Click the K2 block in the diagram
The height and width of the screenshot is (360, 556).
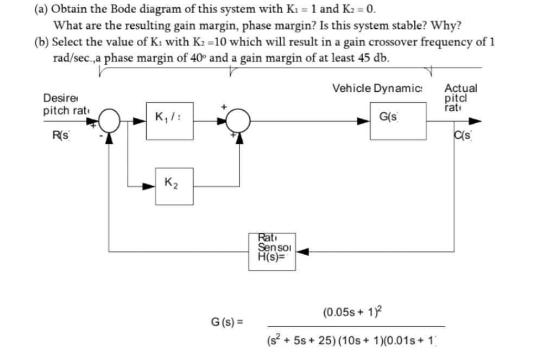pyautogui.click(x=174, y=186)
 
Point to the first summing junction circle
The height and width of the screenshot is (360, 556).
pyautogui.click(x=110, y=121)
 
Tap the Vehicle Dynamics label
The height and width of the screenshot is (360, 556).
pyautogui.click(x=379, y=89)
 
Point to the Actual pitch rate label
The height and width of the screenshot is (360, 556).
pyautogui.click(x=460, y=97)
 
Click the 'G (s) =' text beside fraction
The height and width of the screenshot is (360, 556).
pyautogui.click(x=226, y=322)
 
